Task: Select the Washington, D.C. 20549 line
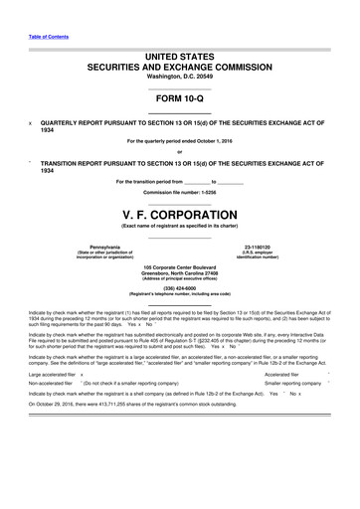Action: tap(179, 78)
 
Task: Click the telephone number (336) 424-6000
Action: tap(179, 290)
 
